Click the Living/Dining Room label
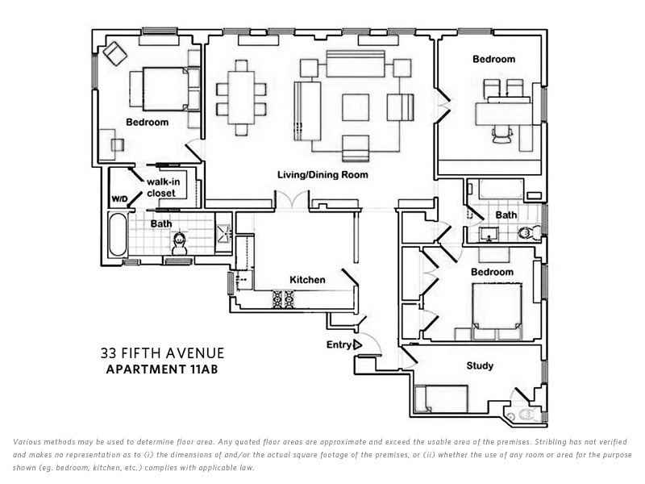(x=322, y=175)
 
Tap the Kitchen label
(x=307, y=280)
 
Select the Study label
(x=480, y=366)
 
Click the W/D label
(x=120, y=198)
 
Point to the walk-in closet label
(x=162, y=187)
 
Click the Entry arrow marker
(x=356, y=345)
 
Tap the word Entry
(x=338, y=345)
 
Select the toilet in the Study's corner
(x=526, y=414)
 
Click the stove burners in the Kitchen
(x=284, y=300)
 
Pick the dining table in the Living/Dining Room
(x=240, y=97)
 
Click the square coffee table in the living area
(x=356, y=106)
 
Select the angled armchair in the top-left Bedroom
(x=114, y=52)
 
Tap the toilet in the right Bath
(x=526, y=233)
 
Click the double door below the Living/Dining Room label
(x=291, y=200)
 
